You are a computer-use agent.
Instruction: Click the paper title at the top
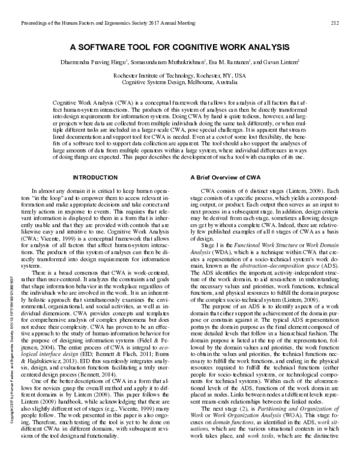point(180,47)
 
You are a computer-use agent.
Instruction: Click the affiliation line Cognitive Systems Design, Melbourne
point(180,83)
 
